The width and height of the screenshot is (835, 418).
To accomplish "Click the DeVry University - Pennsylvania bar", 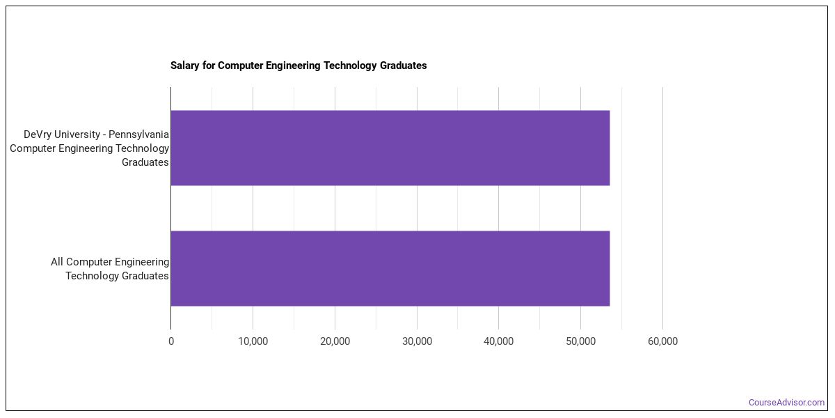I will tap(390, 148).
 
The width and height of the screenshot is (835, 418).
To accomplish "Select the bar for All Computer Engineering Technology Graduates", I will tap(390, 268).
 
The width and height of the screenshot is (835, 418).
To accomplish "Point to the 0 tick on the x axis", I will tap(171, 341).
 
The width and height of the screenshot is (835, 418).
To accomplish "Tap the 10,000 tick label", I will tap(253, 341).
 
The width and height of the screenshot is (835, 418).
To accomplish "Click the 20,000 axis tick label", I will tap(335, 341).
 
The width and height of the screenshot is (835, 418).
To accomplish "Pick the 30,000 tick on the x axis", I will tap(417, 341).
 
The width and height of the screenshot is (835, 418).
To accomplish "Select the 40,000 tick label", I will tap(498, 341).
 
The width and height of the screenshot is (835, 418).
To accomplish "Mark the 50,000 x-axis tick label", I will tap(580, 341).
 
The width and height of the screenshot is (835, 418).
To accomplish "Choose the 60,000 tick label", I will tap(662, 341).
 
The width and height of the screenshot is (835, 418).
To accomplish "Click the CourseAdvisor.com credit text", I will tap(786, 403).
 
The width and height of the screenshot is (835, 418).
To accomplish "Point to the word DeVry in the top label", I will tap(38, 134).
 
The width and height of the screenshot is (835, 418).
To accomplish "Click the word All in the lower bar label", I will tap(58, 262).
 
